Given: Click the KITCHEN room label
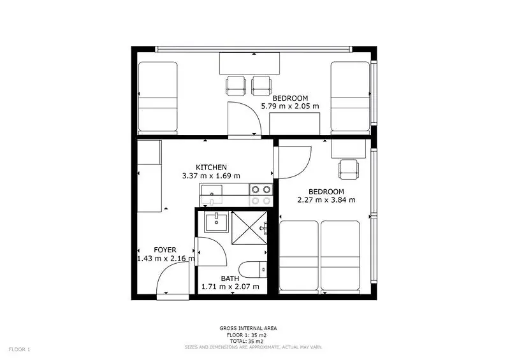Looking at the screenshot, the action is (x=211, y=168).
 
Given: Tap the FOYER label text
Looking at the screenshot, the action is (x=165, y=250).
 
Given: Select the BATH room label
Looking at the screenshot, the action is (x=230, y=278).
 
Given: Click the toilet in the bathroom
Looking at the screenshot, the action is (x=253, y=270).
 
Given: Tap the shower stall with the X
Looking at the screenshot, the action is (x=249, y=227).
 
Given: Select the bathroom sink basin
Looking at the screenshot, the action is (x=216, y=222).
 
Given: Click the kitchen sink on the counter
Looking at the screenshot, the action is (x=212, y=195).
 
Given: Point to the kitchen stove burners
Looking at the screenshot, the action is (x=261, y=195).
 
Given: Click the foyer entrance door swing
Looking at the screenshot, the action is (x=173, y=279).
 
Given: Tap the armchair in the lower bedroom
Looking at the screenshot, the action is (x=349, y=169).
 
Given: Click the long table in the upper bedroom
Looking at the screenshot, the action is (x=249, y=63).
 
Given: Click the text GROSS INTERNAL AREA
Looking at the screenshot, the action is (x=248, y=328).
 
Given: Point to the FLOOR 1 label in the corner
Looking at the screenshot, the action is (x=19, y=350).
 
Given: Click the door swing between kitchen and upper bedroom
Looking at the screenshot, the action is (x=245, y=119).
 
